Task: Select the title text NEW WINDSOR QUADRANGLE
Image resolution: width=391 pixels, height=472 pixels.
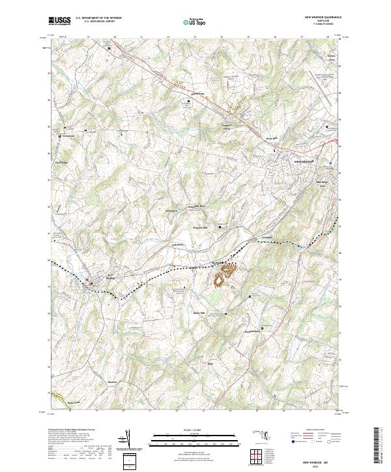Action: [323, 19]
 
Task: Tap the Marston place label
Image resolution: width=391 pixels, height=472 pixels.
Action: [112, 382]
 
